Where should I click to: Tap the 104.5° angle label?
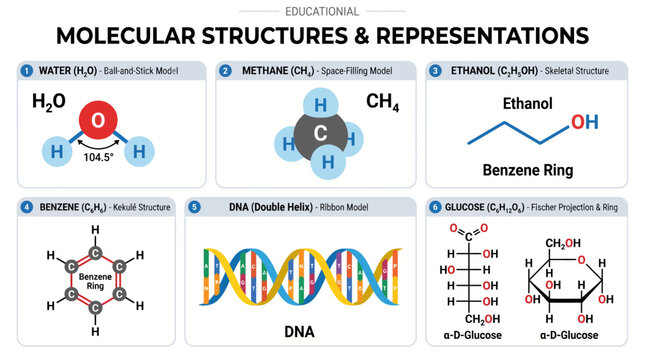[98, 158]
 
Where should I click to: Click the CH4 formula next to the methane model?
[382, 102]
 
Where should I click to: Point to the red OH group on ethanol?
[584, 122]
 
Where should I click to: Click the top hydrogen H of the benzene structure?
[96, 229]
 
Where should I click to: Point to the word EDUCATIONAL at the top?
[322, 11]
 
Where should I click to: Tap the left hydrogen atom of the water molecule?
[56, 151]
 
